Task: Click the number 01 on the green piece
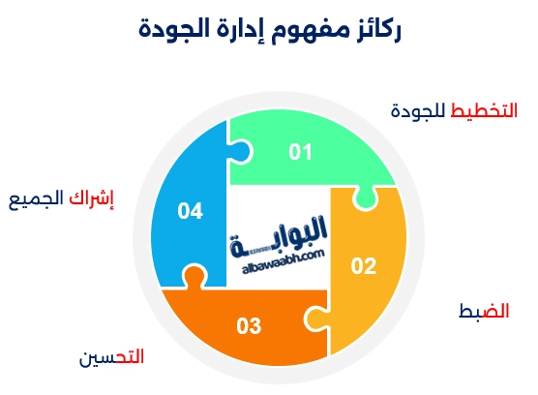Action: click(301, 152)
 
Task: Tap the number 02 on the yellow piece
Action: click(363, 266)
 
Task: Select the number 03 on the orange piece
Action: click(249, 325)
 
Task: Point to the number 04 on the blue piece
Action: click(190, 210)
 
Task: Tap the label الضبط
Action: click(483, 311)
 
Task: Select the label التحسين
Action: click(111, 356)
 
